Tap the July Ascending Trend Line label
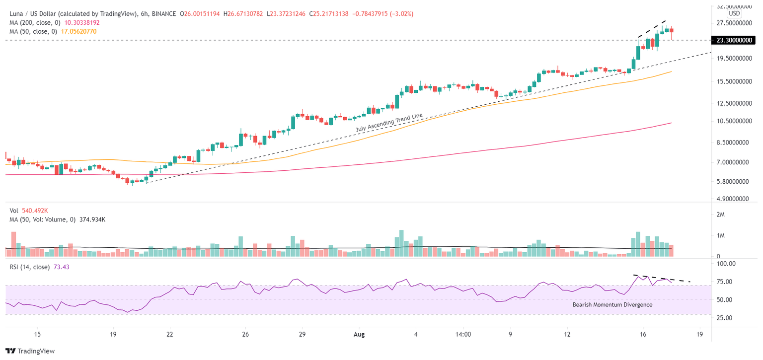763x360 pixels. click(x=389, y=123)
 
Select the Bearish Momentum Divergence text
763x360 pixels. click(x=612, y=304)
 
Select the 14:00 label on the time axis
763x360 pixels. click(x=463, y=334)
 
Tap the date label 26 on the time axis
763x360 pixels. click(x=245, y=334)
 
